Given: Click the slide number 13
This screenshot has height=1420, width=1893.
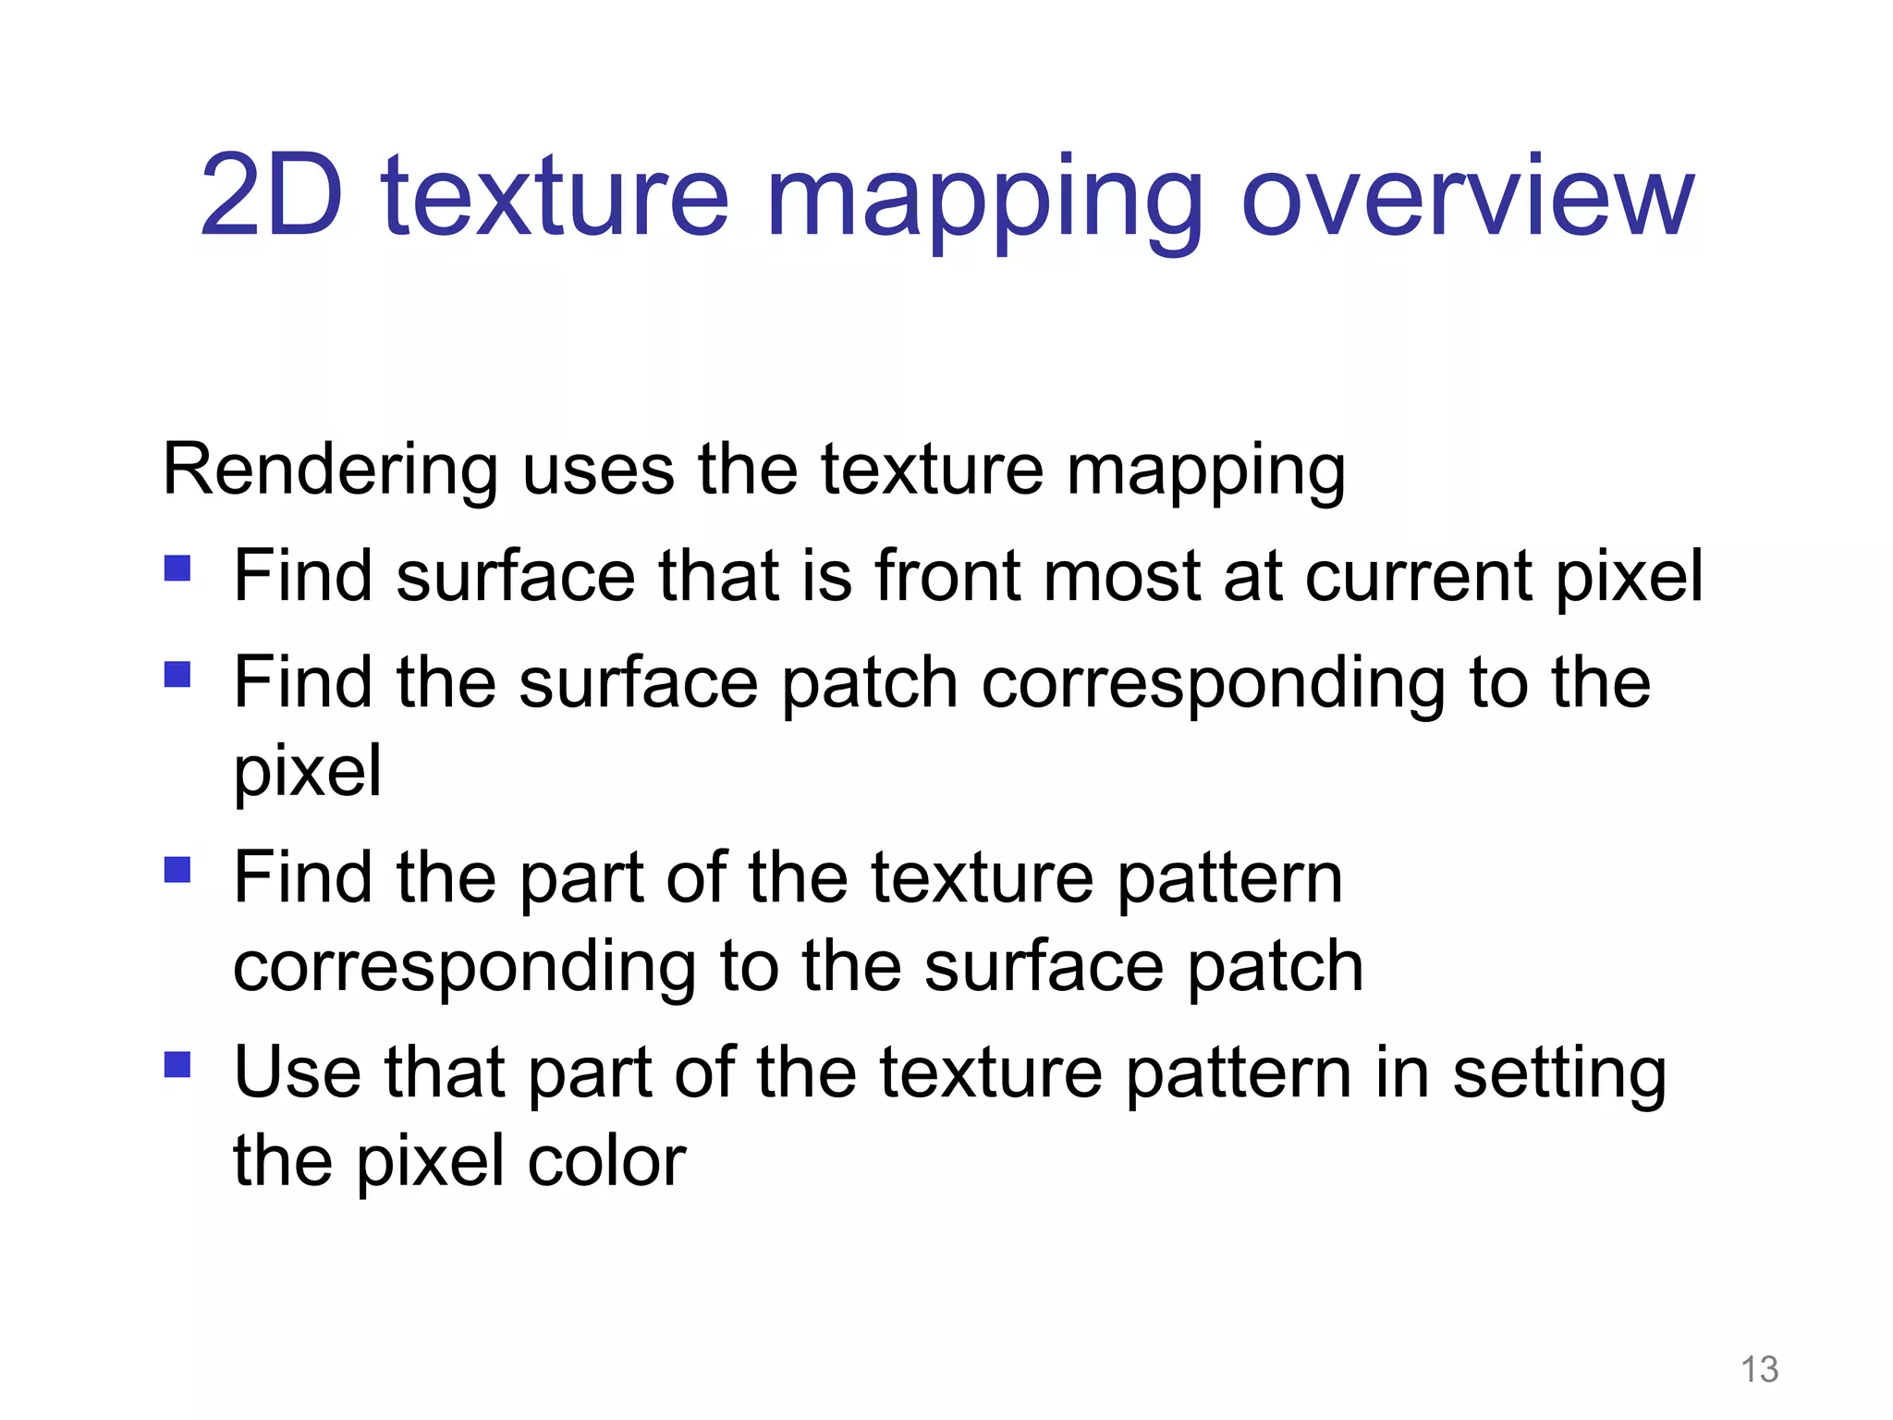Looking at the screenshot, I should coord(1759,1368).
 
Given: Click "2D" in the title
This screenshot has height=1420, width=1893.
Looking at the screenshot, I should coord(272,196).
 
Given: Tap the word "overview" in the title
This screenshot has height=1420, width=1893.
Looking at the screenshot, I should coord(1468,196).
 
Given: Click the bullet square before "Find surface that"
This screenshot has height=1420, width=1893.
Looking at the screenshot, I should coord(177,568).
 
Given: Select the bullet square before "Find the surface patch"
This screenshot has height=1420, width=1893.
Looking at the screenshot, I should coord(177,674).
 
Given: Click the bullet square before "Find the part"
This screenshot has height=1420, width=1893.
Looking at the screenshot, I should coord(177,869).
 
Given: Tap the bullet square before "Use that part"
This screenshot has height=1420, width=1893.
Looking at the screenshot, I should coord(177,1065).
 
